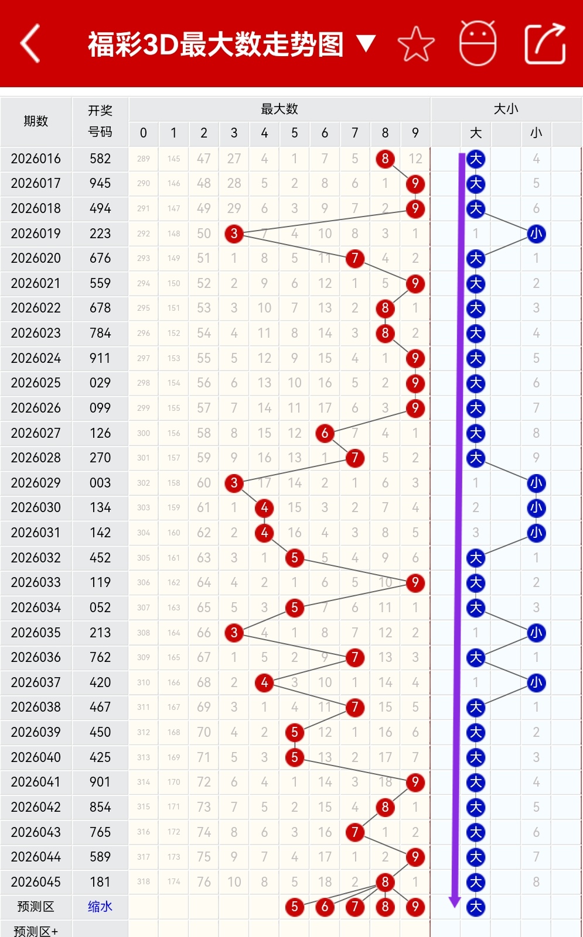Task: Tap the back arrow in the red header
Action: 30,43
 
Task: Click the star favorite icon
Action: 416,44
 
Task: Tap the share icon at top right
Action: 544,44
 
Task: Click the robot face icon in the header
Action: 478,43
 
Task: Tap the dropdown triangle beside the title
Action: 366,43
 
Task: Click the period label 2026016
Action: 36,159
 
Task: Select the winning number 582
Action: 100,159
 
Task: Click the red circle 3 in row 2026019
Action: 234,234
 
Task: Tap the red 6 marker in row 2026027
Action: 325,433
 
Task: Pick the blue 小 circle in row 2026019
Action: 536,234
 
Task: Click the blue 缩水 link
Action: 100,907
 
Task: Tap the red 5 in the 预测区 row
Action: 294,907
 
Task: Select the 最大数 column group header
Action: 279,109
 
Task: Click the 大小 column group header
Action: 506,109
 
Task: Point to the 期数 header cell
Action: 36,121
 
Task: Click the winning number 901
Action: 100,782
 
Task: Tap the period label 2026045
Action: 36,882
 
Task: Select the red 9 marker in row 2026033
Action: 415,582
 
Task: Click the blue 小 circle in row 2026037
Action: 536,682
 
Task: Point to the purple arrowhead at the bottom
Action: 455,902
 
